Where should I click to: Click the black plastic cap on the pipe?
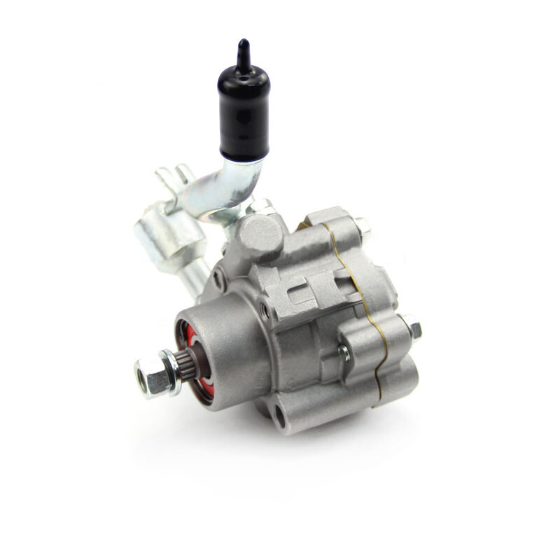point(244,112)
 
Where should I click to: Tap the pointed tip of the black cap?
point(244,48)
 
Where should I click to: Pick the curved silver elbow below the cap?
point(234,189)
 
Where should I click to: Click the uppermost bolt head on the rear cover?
point(362,225)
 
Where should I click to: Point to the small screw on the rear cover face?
point(344,353)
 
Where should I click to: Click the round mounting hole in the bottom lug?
point(279,417)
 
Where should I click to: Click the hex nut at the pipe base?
point(260,206)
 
